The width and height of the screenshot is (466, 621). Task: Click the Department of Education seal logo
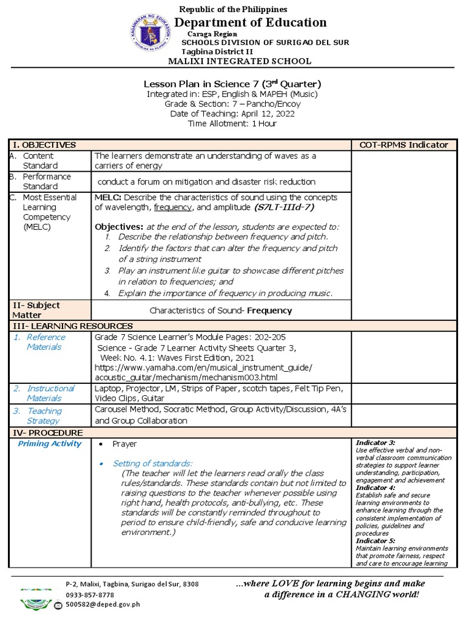point(146,32)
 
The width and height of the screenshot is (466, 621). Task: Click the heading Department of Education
point(251,23)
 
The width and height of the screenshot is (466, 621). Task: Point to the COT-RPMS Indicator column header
point(404,145)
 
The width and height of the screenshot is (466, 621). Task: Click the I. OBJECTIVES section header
point(45,145)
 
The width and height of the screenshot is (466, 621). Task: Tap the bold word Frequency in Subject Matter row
point(269,310)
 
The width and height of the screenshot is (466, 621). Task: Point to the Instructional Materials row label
point(50,393)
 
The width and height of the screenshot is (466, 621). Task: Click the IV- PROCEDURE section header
point(48,432)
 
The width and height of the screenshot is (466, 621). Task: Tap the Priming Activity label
point(50,444)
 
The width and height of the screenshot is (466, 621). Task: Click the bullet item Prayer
point(124,444)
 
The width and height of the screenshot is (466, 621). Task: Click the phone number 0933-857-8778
point(90,595)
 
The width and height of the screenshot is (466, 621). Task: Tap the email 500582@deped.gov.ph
point(103,604)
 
